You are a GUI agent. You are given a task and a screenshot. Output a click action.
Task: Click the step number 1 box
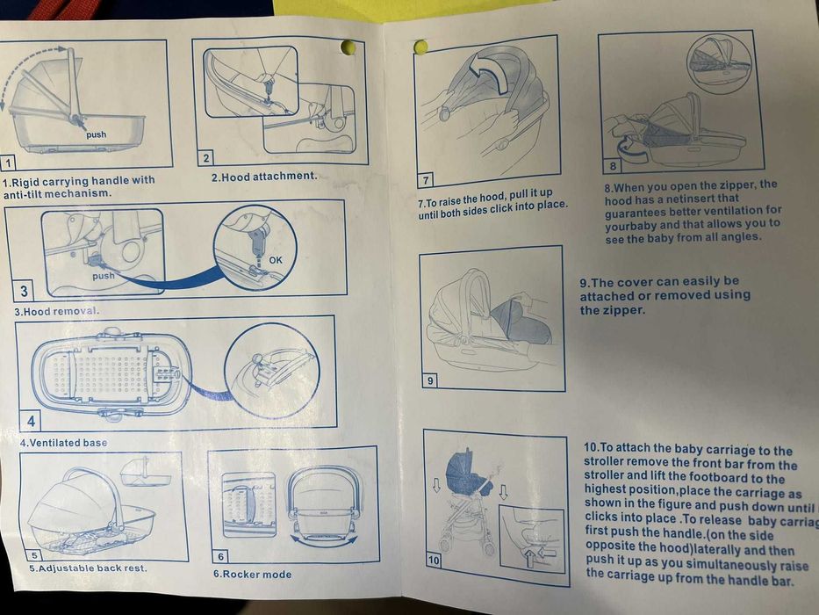tap(8, 163)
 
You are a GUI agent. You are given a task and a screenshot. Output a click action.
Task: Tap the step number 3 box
tap(23, 292)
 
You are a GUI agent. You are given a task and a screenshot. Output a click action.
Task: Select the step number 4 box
tap(32, 421)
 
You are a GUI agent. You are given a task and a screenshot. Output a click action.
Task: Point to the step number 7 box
tap(426, 180)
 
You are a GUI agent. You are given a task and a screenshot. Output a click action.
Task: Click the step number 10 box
tap(435, 559)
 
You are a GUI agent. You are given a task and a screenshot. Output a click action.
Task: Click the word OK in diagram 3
tap(276, 259)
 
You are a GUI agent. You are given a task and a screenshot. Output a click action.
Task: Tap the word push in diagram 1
tap(96, 134)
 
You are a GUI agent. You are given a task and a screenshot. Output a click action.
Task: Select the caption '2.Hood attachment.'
tap(263, 177)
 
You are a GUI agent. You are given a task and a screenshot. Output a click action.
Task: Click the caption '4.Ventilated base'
tap(63, 443)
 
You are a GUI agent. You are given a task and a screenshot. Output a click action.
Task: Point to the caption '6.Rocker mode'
tap(252, 574)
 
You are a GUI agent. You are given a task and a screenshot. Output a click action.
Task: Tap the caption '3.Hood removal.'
tap(57, 311)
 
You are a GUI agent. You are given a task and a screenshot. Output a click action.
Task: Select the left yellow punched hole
tap(348, 47)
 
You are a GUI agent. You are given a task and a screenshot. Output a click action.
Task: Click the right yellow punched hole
tap(420, 47)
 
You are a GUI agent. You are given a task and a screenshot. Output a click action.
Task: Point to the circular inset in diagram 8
tap(719, 62)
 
